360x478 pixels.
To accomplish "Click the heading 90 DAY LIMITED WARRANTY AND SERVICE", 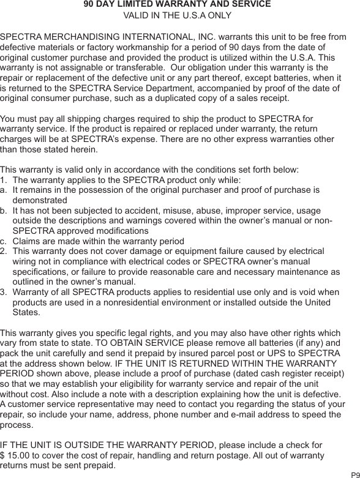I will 177,4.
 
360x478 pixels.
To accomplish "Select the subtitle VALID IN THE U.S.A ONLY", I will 178,16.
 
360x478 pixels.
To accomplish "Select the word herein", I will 80,149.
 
